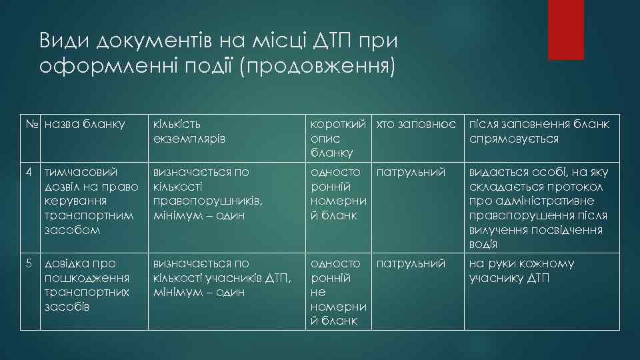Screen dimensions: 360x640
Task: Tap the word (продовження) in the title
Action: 320,67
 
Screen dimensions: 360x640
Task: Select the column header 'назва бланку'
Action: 84,124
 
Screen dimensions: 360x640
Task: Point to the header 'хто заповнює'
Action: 416,124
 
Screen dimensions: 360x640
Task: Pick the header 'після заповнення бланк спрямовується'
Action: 539,131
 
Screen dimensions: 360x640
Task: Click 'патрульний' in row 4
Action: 411,172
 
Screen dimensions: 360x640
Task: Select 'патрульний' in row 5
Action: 411,263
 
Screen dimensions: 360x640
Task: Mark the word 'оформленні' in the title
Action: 109,67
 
